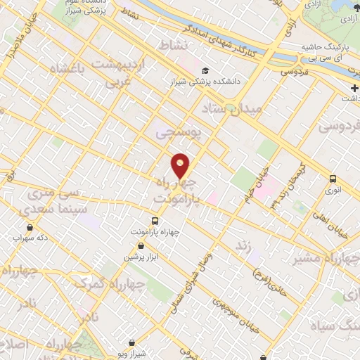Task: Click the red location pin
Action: click(x=181, y=165)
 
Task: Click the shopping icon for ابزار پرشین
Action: click(x=141, y=246)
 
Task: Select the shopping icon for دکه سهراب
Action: click(x=30, y=227)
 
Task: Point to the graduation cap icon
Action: click(x=205, y=70)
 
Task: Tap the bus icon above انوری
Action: click(x=331, y=179)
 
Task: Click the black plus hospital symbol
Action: click(x=354, y=87)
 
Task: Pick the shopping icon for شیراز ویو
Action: click(x=127, y=334)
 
